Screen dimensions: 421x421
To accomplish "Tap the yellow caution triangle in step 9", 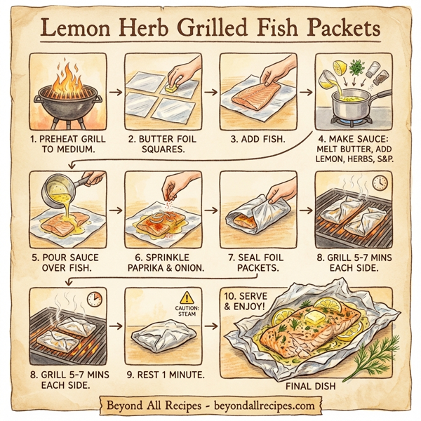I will [186, 298].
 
